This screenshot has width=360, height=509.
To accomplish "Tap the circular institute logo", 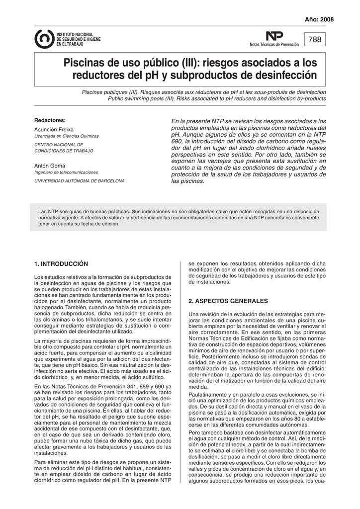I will [44, 38].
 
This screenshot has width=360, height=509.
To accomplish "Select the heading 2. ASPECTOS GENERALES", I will [228, 301].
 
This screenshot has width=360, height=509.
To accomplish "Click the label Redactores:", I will [50, 121].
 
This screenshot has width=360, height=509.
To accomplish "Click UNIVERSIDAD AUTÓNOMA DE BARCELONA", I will [79, 181].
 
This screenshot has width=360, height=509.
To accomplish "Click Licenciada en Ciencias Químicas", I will [66, 136].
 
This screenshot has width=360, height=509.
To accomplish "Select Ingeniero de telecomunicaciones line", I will [66, 172].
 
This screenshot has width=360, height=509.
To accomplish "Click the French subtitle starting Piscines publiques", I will [204, 92].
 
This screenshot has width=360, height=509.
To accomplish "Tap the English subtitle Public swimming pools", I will [217, 99].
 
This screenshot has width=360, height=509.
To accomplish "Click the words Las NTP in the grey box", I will [46, 211].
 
